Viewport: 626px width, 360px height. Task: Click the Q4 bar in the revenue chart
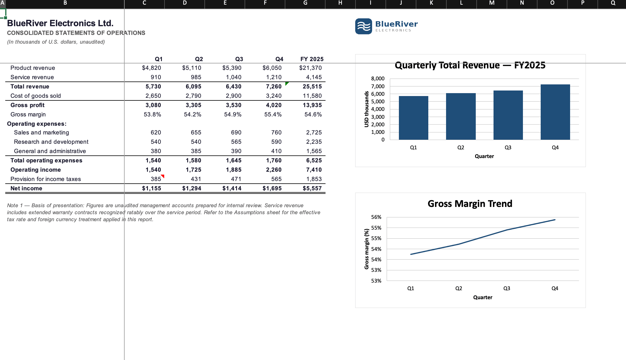(x=555, y=112)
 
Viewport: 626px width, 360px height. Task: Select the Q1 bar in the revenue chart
(x=413, y=118)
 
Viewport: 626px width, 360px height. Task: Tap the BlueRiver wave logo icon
(x=363, y=26)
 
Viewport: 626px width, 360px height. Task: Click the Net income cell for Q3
(x=232, y=188)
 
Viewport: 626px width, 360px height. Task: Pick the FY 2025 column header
(x=312, y=59)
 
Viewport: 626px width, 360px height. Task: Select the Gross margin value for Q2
(x=192, y=114)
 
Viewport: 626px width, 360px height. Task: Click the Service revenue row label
(x=32, y=77)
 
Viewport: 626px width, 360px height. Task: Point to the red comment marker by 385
(x=163, y=176)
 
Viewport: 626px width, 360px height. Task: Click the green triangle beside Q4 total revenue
(x=287, y=83)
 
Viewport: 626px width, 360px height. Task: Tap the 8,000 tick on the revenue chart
(x=378, y=79)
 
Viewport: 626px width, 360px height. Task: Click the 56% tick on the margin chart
(x=376, y=217)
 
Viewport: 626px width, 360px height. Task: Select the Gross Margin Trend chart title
(x=470, y=204)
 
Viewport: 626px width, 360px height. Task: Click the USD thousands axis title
(x=367, y=109)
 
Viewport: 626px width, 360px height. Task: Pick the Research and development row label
(x=51, y=142)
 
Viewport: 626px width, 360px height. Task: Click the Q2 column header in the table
(x=199, y=59)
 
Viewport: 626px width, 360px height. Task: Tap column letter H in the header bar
(x=340, y=3)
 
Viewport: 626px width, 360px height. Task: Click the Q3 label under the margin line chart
(x=507, y=288)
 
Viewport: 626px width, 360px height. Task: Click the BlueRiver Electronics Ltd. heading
(x=60, y=23)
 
